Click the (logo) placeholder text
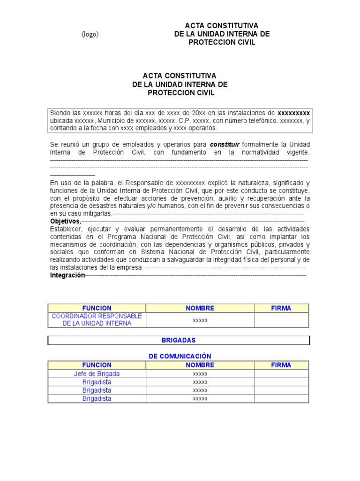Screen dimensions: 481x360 [90, 34]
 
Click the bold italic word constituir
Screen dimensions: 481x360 [228, 144]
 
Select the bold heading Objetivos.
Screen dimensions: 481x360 [66, 221]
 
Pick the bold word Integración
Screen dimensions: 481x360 [67, 275]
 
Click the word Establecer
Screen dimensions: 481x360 [66, 229]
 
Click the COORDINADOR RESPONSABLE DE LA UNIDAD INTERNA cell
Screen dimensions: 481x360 [97, 319]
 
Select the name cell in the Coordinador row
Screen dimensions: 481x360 [200, 320]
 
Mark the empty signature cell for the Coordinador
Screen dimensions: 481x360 [281, 320]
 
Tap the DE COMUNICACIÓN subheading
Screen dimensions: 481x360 [180, 357]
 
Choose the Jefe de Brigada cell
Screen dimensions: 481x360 [97, 374]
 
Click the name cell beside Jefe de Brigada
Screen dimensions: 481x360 [200, 374]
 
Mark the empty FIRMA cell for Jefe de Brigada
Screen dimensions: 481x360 [281, 374]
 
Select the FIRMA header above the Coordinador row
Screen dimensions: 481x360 [281, 308]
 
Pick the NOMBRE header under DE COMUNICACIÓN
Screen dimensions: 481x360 [200, 365]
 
